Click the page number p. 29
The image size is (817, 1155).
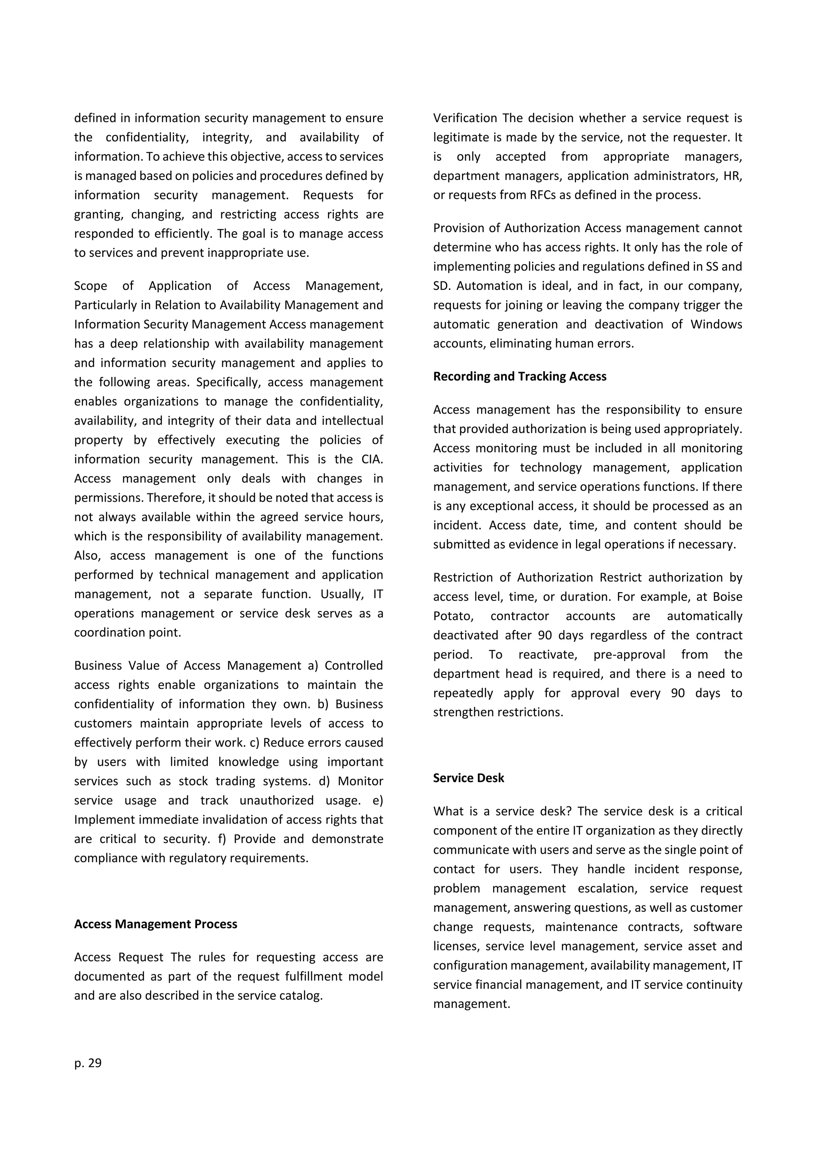click(88, 1063)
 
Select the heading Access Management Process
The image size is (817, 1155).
click(156, 924)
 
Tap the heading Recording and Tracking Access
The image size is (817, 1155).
click(520, 376)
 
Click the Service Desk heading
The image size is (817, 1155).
click(468, 778)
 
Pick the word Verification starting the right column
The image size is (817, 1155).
click(465, 118)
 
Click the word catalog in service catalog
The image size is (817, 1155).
click(302, 995)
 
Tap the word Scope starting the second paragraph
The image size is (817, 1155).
click(91, 286)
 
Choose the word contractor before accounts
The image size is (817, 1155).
click(520, 616)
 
